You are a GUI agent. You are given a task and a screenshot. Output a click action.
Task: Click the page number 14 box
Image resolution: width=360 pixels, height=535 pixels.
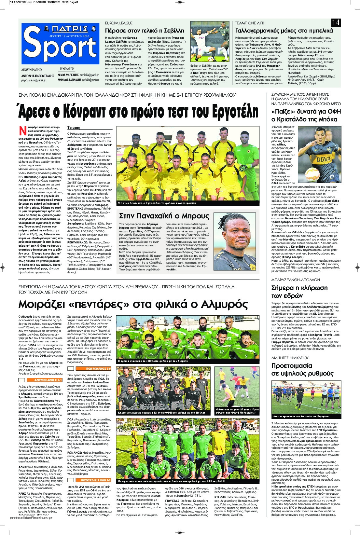click(x=336, y=22)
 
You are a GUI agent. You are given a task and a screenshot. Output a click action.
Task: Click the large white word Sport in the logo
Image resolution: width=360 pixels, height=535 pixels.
click(x=61, y=46)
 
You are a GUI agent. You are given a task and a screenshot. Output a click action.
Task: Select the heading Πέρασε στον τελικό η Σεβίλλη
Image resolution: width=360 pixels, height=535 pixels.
click(x=145, y=31)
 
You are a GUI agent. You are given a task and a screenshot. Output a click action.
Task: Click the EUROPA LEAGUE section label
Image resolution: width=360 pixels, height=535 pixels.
click(x=119, y=23)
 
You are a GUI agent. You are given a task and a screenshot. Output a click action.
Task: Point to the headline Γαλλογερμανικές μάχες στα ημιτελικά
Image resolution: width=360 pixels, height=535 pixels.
click(x=284, y=31)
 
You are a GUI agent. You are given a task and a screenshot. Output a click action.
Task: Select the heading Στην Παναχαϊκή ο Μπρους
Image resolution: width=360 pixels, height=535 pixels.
click(x=164, y=216)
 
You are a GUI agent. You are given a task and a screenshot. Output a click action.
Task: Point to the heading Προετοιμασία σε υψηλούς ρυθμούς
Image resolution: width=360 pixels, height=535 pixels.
click(x=302, y=369)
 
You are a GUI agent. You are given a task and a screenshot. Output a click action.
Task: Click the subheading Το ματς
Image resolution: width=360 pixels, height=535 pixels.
click(x=74, y=128)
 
